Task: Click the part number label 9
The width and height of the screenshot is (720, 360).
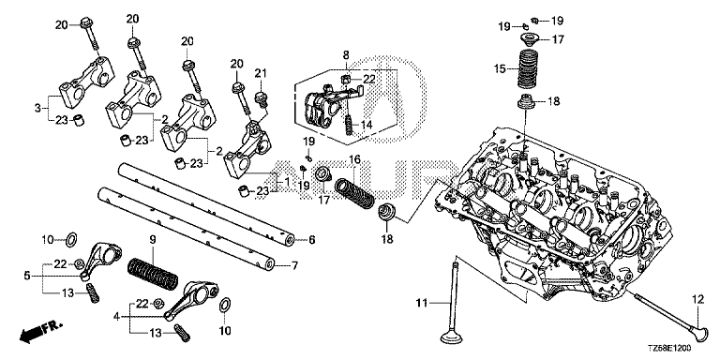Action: [x=153, y=240]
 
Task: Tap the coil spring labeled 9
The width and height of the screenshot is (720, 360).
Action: [x=153, y=274]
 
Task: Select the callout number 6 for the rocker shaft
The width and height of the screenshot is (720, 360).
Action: [x=312, y=240]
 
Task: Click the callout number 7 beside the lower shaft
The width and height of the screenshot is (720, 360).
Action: [x=294, y=265]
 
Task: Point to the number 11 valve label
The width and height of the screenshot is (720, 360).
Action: [x=422, y=303]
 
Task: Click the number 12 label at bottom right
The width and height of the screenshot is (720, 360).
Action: [x=697, y=300]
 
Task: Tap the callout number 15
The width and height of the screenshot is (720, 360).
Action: [x=500, y=69]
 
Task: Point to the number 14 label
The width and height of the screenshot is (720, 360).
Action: [x=365, y=124]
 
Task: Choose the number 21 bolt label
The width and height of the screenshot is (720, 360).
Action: [x=261, y=73]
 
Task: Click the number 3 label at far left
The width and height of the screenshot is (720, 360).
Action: [x=37, y=109]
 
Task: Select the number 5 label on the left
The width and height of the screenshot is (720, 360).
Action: [x=27, y=276]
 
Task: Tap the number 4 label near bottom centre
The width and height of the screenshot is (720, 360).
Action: [x=116, y=316]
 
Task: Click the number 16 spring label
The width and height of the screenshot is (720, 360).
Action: [x=354, y=159]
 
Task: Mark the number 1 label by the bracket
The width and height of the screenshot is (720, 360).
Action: [x=287, y=182]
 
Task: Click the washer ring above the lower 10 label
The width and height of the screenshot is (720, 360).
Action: [x=225, y=304]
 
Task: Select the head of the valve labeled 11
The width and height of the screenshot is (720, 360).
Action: [x=450, y=337]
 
